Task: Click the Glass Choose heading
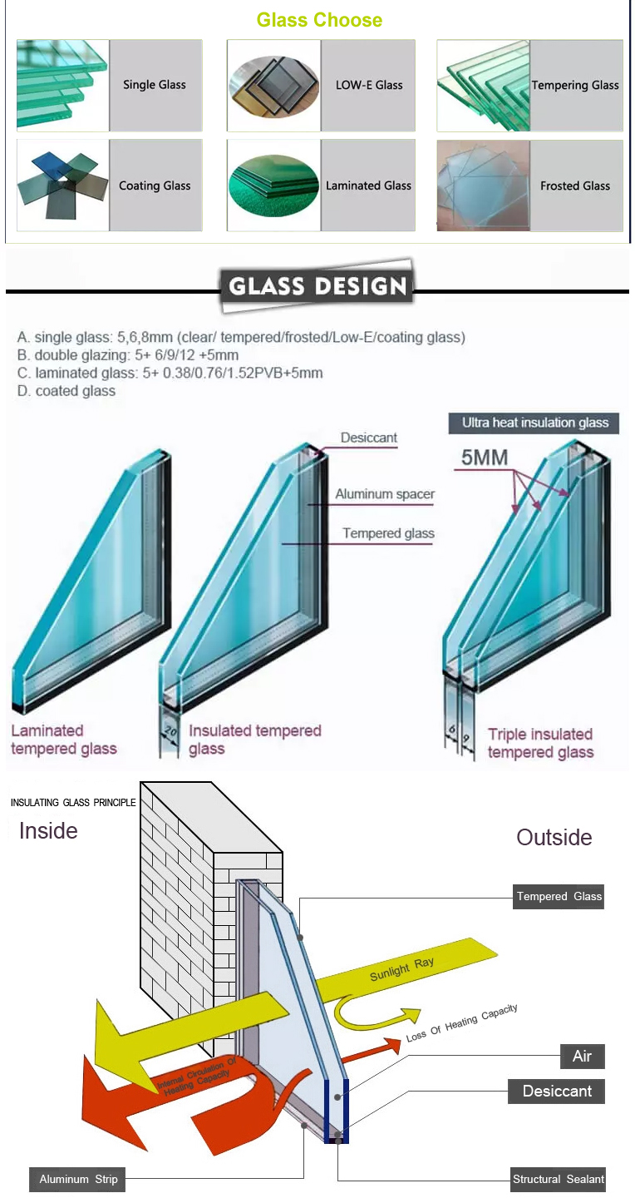pyautogui.click(x=319, y=20)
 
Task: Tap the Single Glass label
pyautogui.click(x=155, y=85)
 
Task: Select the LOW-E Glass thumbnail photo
pyautogui.click(x=273, y=85)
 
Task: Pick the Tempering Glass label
pyautogui.click(x=575, y=85)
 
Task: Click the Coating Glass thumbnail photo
pyautogui.click(x=63, y=186)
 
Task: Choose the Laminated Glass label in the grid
pyautogui.click(x=368, y=186)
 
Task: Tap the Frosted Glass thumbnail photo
pyautogui.click(x=483, y=186)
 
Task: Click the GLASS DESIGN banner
pyautogui.click(x=317, y=287)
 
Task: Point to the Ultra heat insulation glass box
pyautogui.click(x=535, y=423)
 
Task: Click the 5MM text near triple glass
pyautogui.click(x=481, y=458)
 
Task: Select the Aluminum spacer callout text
pyautogui.click(x=385, y=494)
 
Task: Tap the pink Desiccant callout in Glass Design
pyautogui.click(x=369, y=438)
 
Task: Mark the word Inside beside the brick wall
pyautogui.click(x=48, y=831)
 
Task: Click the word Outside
pyautogui.click(x=554, y=837)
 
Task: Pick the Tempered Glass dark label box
pyautogui.click(x=559, y=896)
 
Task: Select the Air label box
pyautogui.click(x=582, y=1056)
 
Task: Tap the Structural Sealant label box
pyautogui.click(x=559, y=1179)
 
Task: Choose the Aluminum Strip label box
pyautogui.click(x=79, y=1179)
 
